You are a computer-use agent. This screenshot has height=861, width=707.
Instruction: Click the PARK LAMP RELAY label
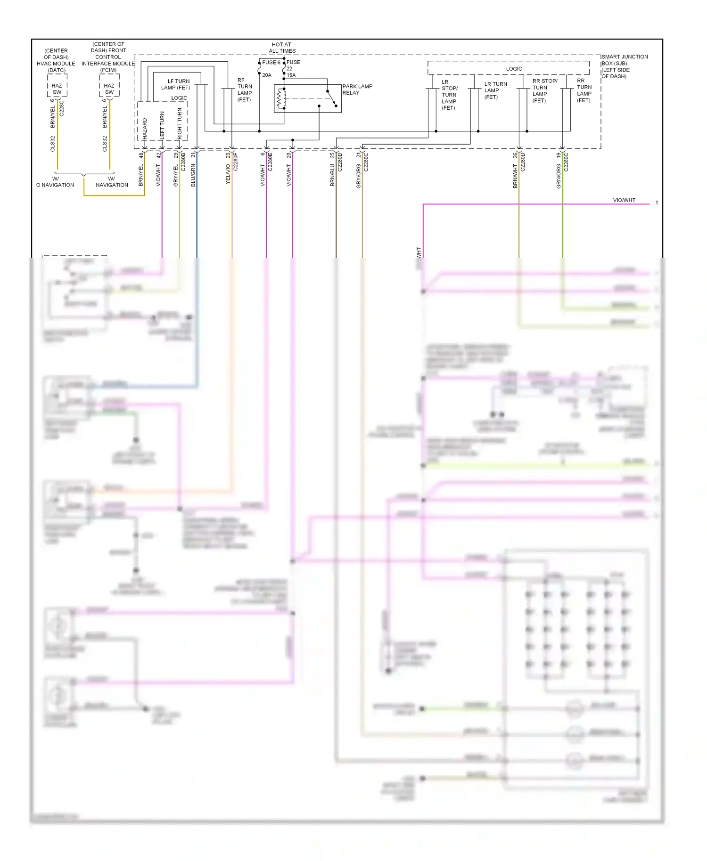pos(357,89)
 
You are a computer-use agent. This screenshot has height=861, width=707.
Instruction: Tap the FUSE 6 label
pos(271,62)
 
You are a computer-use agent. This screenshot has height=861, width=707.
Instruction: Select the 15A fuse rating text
pos(291,75)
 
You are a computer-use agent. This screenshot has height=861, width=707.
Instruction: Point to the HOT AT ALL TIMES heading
pos(282,48)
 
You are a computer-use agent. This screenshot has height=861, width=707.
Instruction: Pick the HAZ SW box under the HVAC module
pos(57,89)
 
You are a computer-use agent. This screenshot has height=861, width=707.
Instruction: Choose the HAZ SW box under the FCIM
pos(109,89)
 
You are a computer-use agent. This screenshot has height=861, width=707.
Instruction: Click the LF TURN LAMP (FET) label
pos(176,84)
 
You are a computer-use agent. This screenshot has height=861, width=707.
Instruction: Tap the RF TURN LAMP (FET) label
pos(244,89)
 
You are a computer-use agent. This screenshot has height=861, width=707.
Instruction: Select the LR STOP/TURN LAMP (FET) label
pos(449,95)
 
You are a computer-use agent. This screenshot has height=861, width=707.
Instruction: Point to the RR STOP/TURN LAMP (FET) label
pos(544,90)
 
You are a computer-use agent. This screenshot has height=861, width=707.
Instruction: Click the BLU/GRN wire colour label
pos(193,175)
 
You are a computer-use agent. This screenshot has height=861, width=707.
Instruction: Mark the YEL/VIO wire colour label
pos(228,174)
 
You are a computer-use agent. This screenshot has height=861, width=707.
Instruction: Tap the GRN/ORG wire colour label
pos(559,176)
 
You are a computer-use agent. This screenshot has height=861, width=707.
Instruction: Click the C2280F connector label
pos(235,161)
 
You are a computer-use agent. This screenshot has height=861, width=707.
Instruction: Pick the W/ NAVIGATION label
pos(112,182)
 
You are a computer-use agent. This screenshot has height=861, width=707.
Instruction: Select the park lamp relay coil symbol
pos(281,98)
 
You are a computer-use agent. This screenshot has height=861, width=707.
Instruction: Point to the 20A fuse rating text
pos(267,75)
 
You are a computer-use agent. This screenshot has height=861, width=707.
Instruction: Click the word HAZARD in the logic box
pos(145,128)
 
